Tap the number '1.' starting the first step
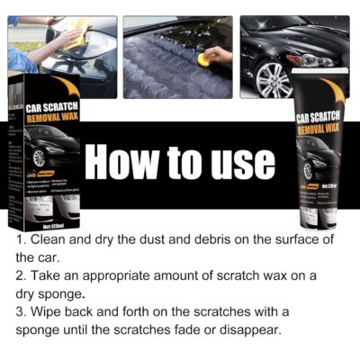click(21, 239)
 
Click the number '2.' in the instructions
click(21, 275)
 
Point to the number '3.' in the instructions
click(21, 311)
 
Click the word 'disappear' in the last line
click(250, 329)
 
